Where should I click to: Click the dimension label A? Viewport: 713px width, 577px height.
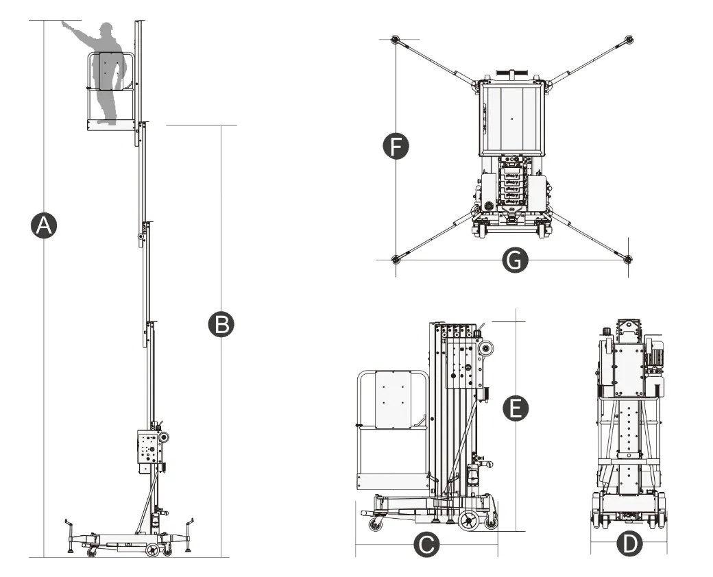[44, 225]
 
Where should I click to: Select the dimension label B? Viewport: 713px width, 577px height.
[221, 324]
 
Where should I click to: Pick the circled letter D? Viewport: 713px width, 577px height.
[629, 545]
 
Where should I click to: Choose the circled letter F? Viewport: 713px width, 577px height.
[396, 147]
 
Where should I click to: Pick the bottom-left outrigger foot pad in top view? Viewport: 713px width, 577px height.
[395, 259]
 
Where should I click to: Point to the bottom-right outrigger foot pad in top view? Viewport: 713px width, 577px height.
[629, 259]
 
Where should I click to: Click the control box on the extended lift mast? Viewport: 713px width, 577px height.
[149, 449]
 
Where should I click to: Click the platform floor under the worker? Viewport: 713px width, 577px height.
[109, 125]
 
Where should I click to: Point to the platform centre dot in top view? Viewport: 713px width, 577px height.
[511, 119]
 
